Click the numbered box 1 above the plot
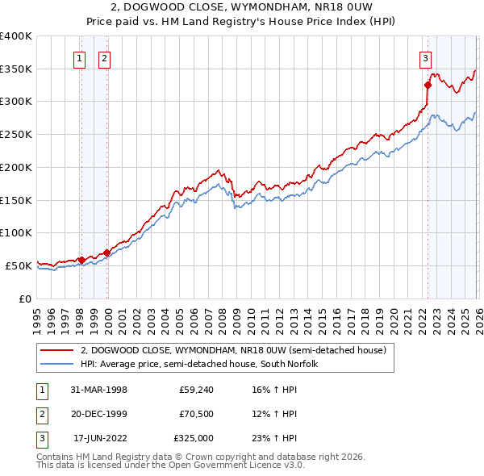point(81,57)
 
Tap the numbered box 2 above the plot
point(106,57)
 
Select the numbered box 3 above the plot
point(425,57)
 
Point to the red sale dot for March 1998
point(81,260)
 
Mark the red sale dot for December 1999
point(106,253)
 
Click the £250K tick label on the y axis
point(16,134)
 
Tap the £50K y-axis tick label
point(19,265)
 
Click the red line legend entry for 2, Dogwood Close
point(234,350)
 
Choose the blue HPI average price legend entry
point(199,364)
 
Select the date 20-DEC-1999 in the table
point(99,414)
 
